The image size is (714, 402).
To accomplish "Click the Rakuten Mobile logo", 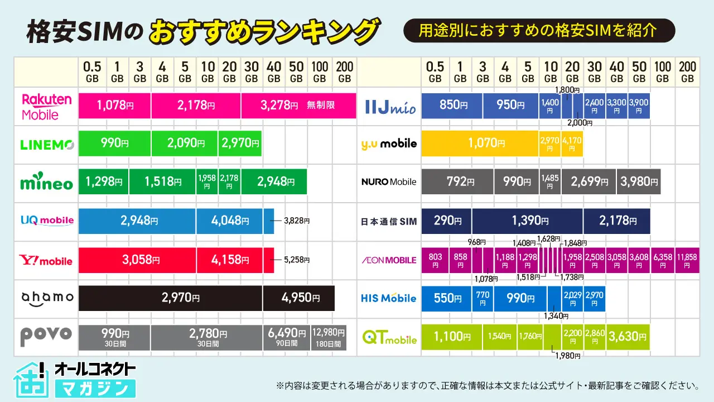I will click(x=47, y=106).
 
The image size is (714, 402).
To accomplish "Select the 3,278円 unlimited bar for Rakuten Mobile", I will click(x=298, y=106).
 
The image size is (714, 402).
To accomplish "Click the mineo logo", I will click(x=47, y=183).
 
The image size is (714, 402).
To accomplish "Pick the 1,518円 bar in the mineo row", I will click(x=162, y=181).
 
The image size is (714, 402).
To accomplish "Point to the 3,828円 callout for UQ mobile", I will click(x=296, y=221).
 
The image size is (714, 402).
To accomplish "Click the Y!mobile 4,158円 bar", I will click(x=230, y=260).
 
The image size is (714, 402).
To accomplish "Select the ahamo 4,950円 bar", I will click(x=298, y=298).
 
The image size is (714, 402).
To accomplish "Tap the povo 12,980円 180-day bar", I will click(x=329, y=337).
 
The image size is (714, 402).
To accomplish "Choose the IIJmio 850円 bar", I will click(x=452, y=106).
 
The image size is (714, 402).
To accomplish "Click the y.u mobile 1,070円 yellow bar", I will click(x=480, y=143).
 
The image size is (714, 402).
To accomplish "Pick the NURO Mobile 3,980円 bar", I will click(x=639, y=182).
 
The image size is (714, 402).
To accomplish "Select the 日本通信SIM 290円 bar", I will click(x=446, y=221).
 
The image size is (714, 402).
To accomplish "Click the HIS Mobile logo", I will click(x=389, y=298).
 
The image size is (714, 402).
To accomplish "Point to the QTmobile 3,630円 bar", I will click(x=628, y=337).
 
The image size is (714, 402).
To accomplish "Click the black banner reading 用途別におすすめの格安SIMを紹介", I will click(x=539, y=31).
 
